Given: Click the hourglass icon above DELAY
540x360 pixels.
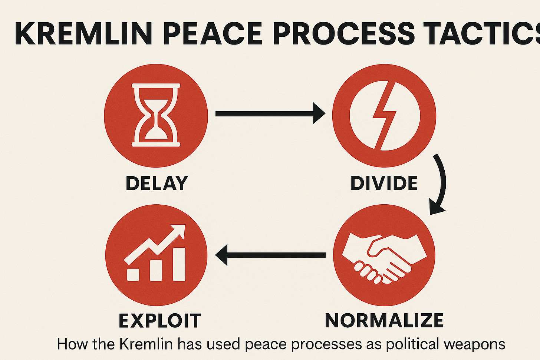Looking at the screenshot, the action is (156, 115).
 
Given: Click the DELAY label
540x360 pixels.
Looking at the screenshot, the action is (157, 183).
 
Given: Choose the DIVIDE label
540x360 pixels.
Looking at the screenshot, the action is (384, 183).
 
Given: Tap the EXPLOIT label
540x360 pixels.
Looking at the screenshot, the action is (159, 321).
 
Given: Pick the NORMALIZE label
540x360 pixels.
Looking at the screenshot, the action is (384, 321).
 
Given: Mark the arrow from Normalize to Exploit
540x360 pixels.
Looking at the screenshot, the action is (271, 255).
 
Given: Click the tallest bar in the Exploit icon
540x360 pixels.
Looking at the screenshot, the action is (178, 265).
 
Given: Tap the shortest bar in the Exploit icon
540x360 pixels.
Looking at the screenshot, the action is (133, 274).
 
